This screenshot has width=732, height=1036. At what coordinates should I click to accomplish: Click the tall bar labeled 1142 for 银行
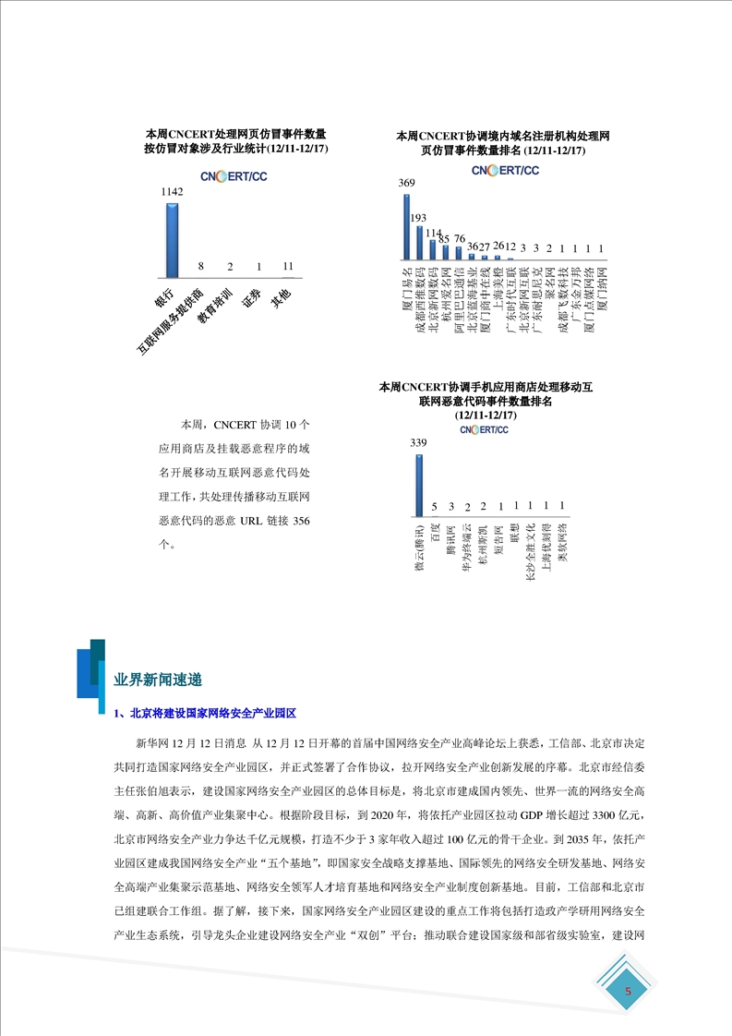point(171,239)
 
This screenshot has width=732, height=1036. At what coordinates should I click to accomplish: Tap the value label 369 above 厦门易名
point(406,184)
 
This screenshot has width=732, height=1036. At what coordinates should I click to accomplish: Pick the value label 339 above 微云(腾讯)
point(418,444)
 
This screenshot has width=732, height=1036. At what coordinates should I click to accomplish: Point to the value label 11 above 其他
point(288,266)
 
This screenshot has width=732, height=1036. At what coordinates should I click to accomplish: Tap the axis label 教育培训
point(216,306)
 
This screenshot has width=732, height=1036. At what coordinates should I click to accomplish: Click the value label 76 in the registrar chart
point(459,239)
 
